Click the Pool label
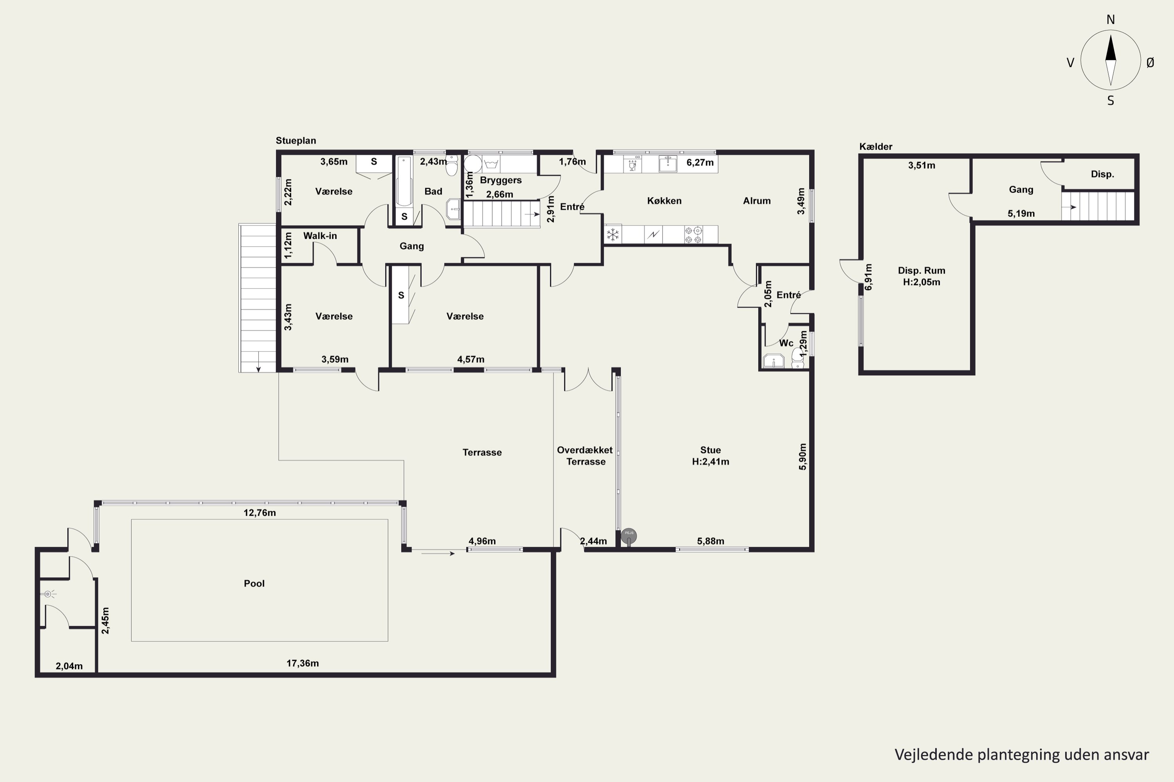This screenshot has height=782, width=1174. point(254,583)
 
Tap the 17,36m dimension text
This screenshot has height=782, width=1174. point(303,663)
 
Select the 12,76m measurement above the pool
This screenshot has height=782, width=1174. point(259,513)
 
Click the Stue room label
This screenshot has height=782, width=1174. point(710,450)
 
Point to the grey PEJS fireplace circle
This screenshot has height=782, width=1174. point(629,536)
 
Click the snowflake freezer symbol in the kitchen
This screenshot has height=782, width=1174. point(613,234)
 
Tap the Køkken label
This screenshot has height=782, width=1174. point(664,201)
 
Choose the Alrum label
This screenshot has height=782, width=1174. point(757,201)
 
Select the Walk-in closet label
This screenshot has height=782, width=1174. point(320,236)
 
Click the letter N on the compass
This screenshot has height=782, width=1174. point(1111,20)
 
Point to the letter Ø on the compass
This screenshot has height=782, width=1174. point(1150,62)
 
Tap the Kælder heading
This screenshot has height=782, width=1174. point(876,147)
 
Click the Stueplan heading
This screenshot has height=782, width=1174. point(296,141)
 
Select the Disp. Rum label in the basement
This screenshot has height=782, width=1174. point(922,271)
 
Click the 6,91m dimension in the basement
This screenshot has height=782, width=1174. point(869,277)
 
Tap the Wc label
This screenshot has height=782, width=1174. point(786,343)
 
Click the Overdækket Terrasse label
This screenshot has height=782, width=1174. point(585,456)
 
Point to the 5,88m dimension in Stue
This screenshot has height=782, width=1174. point(711,541)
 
